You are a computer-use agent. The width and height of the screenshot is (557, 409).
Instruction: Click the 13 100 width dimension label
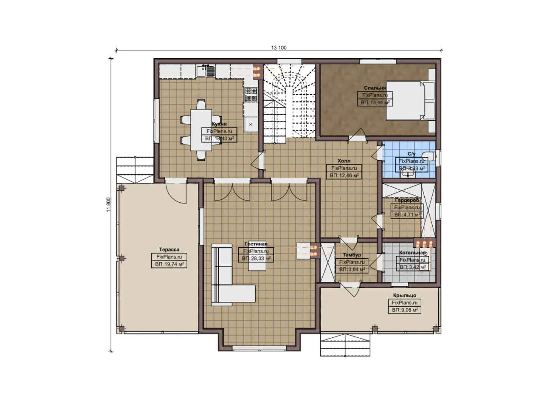point(279,48)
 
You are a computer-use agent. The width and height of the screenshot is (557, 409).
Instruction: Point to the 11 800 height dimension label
point(109,204)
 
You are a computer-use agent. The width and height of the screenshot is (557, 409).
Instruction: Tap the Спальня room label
point(375,88)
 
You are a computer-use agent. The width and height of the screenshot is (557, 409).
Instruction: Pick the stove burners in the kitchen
point(250,95)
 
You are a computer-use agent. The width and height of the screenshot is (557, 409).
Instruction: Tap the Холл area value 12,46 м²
point(344,176)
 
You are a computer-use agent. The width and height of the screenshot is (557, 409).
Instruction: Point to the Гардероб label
point(407,200)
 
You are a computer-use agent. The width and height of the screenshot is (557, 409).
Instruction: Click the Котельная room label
point(412,253)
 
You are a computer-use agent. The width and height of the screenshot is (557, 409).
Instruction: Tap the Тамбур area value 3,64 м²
point(352,269)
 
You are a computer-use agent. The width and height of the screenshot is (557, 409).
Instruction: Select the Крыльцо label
point(404,295)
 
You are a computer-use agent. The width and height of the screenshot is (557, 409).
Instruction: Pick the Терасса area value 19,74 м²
point(169,264)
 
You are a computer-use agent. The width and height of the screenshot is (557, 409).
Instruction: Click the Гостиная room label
point(256,244)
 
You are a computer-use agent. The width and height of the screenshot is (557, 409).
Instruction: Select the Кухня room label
point(219,124)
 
